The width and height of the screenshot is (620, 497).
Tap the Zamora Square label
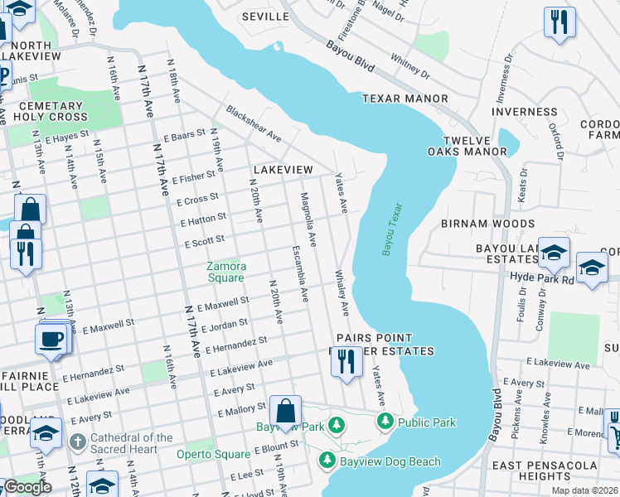[226, 272]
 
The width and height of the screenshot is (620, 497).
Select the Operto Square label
[213, 454]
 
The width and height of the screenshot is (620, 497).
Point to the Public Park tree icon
[385, 422]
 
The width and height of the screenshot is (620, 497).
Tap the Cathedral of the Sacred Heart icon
[77, 439]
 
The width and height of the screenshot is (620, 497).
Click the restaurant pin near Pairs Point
[346, 362]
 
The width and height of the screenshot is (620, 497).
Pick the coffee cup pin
[51, 339]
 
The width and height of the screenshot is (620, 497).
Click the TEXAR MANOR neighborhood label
[404, 99]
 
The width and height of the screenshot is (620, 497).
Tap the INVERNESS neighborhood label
[525, 112]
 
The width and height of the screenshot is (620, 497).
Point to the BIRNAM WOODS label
[487, 224]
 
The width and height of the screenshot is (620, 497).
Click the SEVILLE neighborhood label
[265, 17]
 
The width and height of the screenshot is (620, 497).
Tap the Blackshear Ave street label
[254, 123]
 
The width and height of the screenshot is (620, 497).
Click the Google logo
[27, 486]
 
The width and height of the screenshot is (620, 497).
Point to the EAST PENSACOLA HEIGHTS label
[543, 470]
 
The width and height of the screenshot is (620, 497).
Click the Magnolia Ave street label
[308, 220]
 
